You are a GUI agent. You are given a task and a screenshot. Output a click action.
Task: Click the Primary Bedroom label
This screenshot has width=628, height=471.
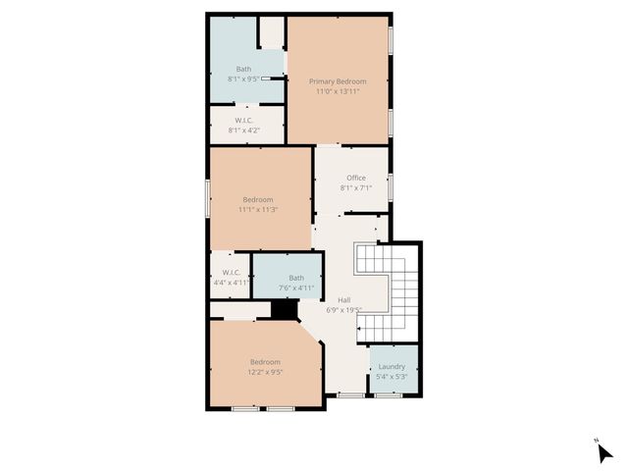338,80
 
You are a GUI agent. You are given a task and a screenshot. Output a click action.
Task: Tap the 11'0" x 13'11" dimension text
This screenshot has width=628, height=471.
338,91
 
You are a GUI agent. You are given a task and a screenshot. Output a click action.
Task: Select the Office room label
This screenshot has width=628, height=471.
355,178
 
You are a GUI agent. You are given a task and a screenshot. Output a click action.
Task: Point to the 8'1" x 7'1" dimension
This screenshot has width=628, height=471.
355,187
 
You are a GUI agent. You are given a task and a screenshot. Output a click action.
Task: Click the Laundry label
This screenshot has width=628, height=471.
392,367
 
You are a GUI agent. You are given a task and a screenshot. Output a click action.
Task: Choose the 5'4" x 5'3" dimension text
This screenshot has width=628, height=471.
392,377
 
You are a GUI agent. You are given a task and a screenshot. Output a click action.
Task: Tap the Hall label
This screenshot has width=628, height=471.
344,300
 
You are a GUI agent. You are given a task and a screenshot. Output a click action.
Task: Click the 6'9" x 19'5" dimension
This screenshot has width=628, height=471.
344,310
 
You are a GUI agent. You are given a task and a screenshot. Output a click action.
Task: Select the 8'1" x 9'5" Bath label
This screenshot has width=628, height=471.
243,68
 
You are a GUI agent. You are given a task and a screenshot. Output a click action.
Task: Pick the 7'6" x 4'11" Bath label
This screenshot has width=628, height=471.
296,278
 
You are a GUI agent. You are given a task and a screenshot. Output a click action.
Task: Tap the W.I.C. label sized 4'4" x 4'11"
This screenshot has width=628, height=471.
232,272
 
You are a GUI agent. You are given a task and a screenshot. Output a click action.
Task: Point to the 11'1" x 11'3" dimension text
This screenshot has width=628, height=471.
258,209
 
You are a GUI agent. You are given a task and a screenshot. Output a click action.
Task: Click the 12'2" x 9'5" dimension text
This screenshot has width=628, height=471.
265,372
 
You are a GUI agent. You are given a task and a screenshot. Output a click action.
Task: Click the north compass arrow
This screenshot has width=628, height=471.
604,453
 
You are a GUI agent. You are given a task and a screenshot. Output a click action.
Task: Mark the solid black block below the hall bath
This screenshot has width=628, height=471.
285,310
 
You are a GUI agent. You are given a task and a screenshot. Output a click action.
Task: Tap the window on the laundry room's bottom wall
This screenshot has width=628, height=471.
389,394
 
